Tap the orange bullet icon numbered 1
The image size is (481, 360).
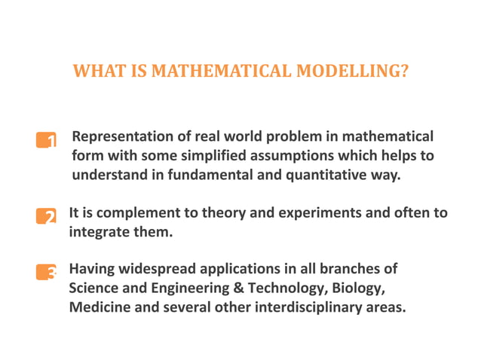46,141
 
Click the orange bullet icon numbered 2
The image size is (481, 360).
46,217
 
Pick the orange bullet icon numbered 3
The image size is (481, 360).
46,273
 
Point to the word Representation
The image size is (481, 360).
118,137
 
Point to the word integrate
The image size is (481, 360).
98,233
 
